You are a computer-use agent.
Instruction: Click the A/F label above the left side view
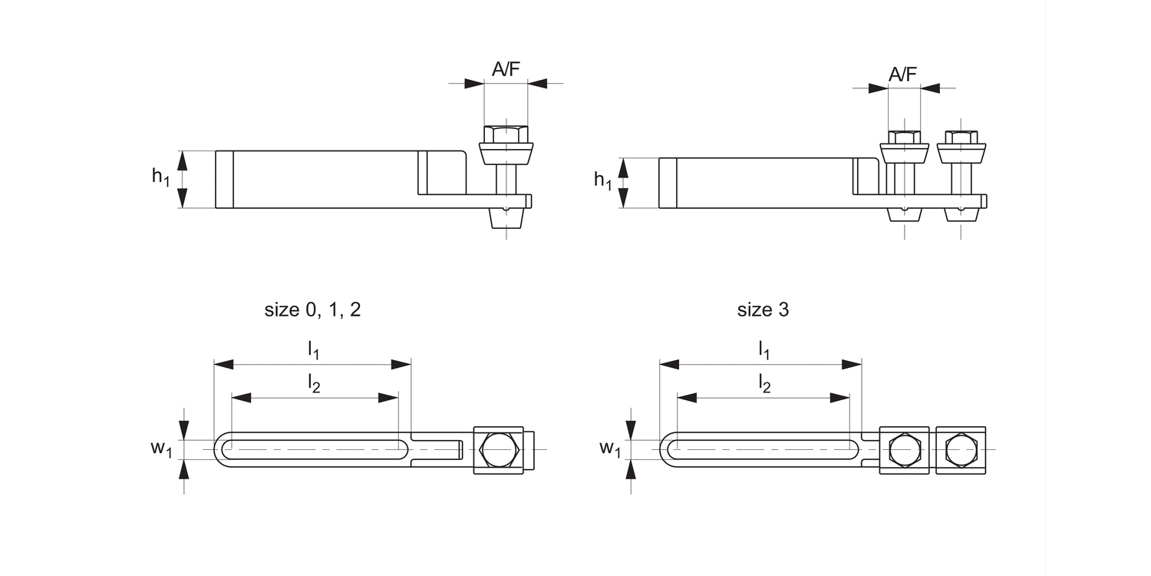click(506, 69)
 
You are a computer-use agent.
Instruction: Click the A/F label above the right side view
click(903, 74)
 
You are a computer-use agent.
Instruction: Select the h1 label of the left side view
click(160, 177)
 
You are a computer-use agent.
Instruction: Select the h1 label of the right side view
click(603, 180)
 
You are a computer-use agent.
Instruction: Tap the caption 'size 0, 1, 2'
click(312, 310)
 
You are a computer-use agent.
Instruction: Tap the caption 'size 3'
click(763, 310)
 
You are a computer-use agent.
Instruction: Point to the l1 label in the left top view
click(313, 350)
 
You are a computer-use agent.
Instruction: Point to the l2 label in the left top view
click(314, 383)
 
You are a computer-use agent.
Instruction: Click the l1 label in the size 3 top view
click(763, 350)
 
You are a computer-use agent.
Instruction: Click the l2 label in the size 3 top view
click(764, 383)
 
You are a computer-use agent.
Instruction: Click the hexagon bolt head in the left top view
click(499, 449)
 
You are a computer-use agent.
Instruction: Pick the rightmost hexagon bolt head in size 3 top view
click(961, 449)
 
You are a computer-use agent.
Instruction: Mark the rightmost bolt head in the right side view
click(961, 138)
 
